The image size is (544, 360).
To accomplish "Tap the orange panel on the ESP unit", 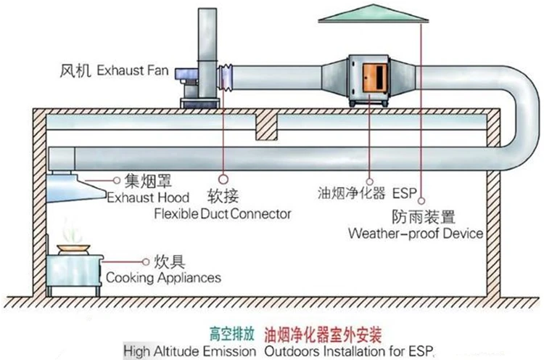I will (x=374, y=74).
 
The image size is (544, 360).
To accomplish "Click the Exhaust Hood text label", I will (x=148, y=197).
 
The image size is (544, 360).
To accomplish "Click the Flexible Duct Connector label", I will (x=222, y=214).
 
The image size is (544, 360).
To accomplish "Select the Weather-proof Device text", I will (x=415, y=234).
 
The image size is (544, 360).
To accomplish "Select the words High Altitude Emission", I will (x=189, y=351).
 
